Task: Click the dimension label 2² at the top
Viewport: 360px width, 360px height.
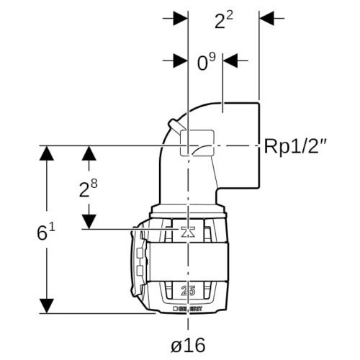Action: pyautogui.click(x=224, y=20)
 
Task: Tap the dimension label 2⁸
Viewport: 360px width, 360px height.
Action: pyautogui.click(x=89, y=189)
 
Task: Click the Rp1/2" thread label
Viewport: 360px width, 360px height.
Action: pyautogui.click(x=295, y=146)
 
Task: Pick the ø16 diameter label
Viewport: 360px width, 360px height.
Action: pyautogui.click(x=188, y=345)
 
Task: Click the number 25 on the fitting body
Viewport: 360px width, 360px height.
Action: pyautogui.click(x=188, y=291)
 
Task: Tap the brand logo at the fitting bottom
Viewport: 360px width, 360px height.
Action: pyautogui.click(x=188, y=309)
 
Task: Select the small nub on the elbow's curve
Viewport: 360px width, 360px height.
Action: pyautogui.click(x=176, y=125)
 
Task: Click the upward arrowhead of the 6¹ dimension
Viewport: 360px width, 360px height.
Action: pyautogui.click(x=46, y=153)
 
